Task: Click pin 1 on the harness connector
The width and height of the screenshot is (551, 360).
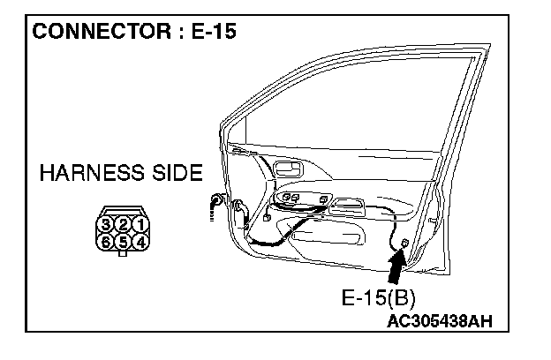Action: [x=139, y=223]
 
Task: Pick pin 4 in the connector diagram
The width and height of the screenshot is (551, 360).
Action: [x=139, y=238]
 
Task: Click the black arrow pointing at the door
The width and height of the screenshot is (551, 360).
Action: [x=396, y=265]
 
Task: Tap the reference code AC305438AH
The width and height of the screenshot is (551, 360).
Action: [x=448, y=321]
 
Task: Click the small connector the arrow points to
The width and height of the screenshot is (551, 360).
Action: [x=404, y=242]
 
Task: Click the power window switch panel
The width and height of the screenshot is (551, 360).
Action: [x=305, y=201]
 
